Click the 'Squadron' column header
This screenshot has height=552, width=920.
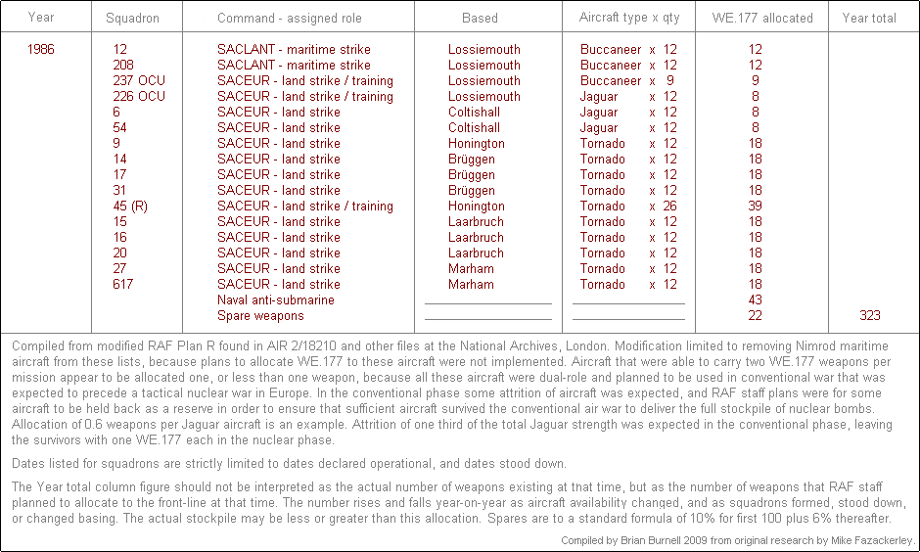click(x=132, y=18)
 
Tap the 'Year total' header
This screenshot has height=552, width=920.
click(x=869, y=18)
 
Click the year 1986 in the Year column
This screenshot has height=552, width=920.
click(x=42, y=49)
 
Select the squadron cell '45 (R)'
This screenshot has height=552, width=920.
click(x=131, y=206)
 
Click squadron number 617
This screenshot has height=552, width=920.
click(x=122, y=284)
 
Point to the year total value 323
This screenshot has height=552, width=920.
click(x=869, y=315)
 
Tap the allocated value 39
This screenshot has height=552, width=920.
click(x=755, y=206)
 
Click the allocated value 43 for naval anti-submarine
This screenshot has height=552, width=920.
click(x=755, y=299)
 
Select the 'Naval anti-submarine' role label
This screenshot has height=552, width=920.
click(x=275, y=299)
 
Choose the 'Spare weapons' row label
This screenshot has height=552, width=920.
click(x=260, y=315)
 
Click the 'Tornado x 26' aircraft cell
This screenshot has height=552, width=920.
click(x=628, y=206)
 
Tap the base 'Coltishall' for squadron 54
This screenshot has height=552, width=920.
click(x=475, y=127)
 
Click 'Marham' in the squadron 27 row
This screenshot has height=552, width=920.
click(x=471, y=268)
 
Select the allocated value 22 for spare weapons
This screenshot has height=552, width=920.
click(x=755, y=315)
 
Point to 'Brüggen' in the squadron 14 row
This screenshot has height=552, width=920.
click(x=471, y=159)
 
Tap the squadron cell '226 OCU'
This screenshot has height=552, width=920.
click(x=139, y=96)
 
